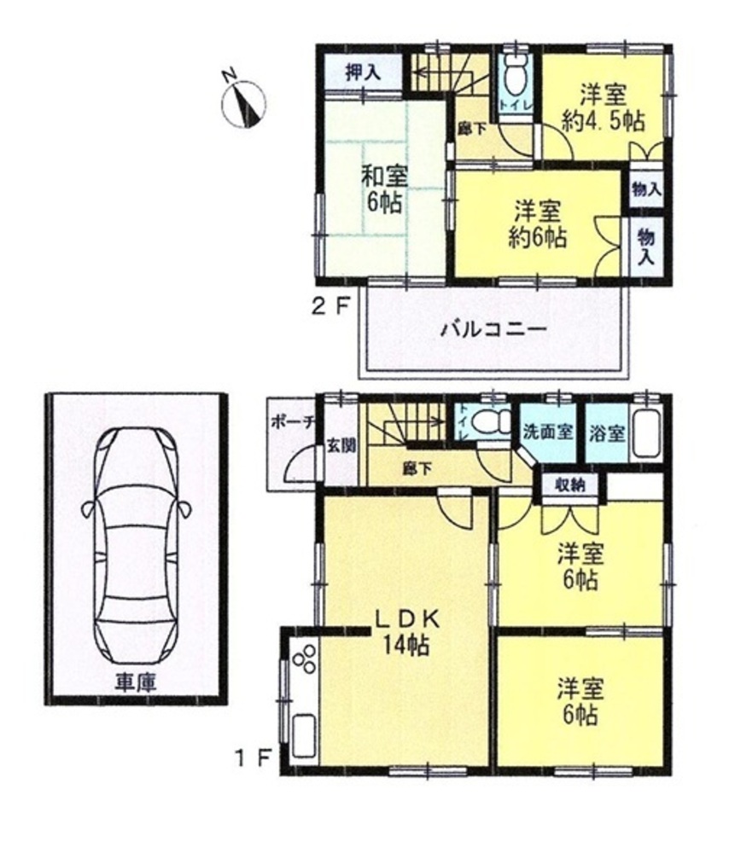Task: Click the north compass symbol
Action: tap(243, 103)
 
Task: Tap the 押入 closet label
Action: tap(363, 73)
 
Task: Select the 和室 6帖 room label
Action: tap(385, 189)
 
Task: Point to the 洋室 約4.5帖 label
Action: tap(603, 107)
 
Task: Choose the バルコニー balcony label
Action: tap(493, 330)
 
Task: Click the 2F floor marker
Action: tap(329, 307)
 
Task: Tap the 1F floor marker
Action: tap(254, 757)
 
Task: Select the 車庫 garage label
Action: tap(136, 682)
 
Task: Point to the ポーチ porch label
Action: tap(285, 422)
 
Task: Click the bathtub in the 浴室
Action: tap(646, 433)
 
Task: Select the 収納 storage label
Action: tap(570, 484)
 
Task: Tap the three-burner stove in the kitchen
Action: tap(305, 658)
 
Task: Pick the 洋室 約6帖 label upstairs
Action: tap(538, 223)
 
